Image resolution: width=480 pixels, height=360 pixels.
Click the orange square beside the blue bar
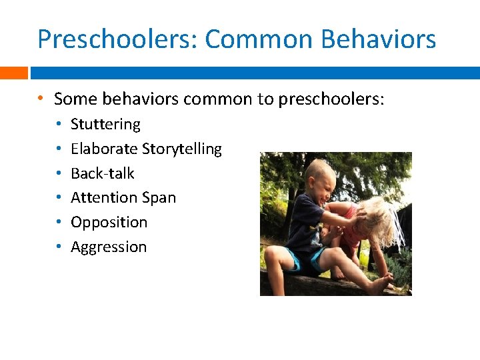tap(13, 73)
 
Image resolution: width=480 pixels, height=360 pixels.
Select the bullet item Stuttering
tap(105, 125)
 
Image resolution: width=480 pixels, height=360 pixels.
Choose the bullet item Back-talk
tap(102, 173)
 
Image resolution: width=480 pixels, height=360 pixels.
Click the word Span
tap(158, 198)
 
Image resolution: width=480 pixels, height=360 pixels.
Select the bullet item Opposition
tap(109, 223)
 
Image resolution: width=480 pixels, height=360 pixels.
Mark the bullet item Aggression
tap(109, 247)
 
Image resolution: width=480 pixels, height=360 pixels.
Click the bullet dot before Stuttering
tap(59, 125)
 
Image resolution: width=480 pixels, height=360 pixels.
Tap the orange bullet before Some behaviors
tap(41, 99)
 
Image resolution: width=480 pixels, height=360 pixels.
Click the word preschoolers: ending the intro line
tap(331, 100)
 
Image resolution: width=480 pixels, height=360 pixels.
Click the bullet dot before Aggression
tap(59, 247)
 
